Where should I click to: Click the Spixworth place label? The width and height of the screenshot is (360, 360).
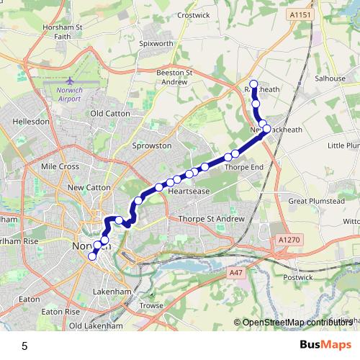point(156,43)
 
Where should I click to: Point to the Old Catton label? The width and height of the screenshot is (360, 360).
point(108,113)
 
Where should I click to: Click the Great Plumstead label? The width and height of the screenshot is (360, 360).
point(312,202)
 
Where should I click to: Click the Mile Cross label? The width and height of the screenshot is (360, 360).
point(60,166)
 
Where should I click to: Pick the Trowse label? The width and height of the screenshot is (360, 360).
point(152,305)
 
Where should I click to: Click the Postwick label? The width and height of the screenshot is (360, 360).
point(299,276)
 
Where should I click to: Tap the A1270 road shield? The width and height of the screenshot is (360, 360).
point(287,239)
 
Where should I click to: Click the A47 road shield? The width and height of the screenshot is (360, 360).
point(235,273)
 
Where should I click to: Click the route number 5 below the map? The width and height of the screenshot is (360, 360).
point(24,346)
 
